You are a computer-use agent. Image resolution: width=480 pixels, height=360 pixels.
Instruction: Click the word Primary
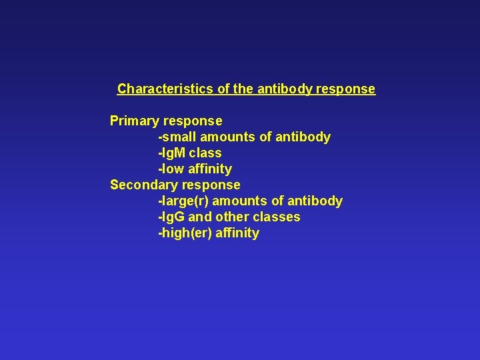pos(135,121)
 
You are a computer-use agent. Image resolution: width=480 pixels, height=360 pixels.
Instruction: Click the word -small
pos(177,137)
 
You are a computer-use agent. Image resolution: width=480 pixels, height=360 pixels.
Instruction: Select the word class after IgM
pos(205,153)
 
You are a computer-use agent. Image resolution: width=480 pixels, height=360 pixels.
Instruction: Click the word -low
pos(171,169)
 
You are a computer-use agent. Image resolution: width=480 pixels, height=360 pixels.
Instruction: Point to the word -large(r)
pos(184,201)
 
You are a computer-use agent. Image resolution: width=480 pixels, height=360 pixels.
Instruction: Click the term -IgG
pos(171,217)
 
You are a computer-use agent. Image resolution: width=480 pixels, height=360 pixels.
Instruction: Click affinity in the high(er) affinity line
pos(238,233)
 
